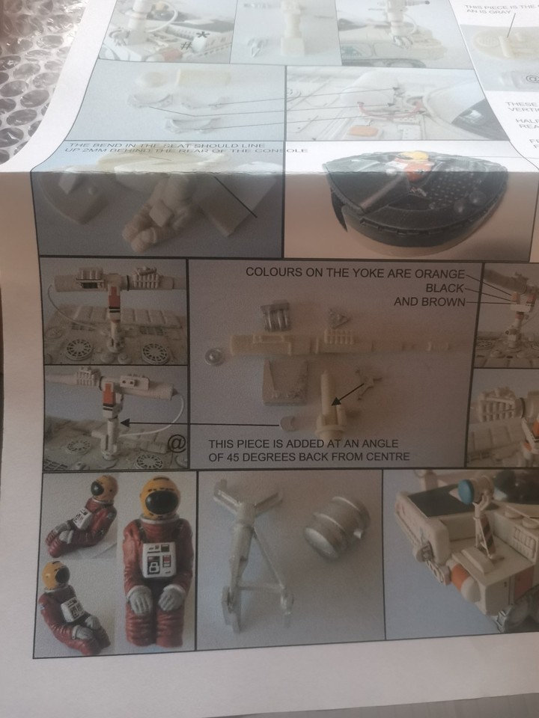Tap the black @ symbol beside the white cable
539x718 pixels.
(x=175, y=444)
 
